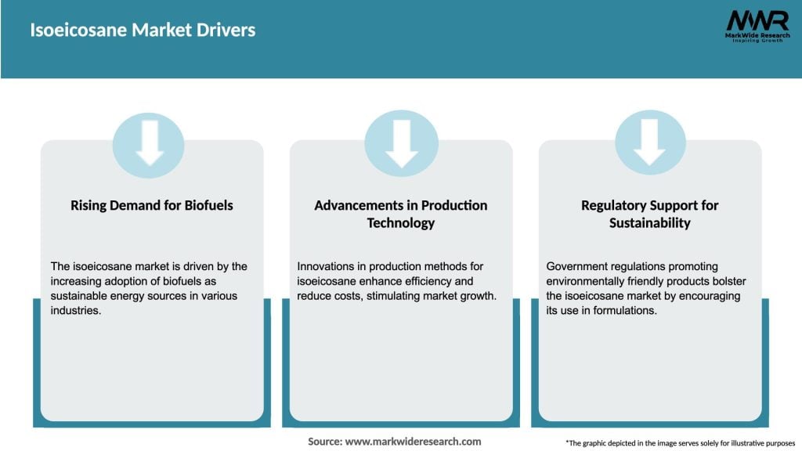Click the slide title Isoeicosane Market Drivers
(143, 31)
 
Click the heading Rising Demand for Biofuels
(152, 205)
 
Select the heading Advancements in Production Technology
(401, 214)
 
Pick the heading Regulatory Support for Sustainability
(649, 214)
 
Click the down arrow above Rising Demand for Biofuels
(148, 146)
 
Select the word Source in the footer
(324, 442)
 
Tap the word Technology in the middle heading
(401, 223)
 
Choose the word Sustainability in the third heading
(649, 223)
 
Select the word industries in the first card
(76, 310)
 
